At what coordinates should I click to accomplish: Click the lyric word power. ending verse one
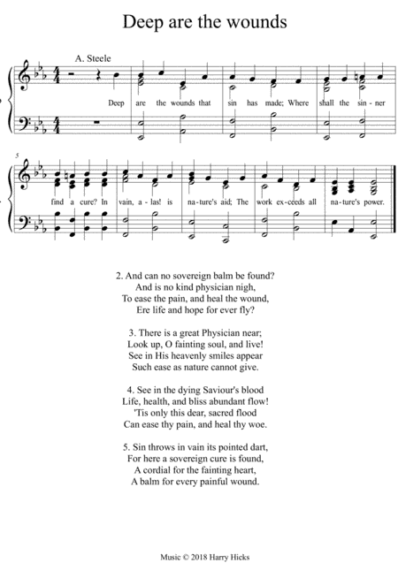(365, 189)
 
